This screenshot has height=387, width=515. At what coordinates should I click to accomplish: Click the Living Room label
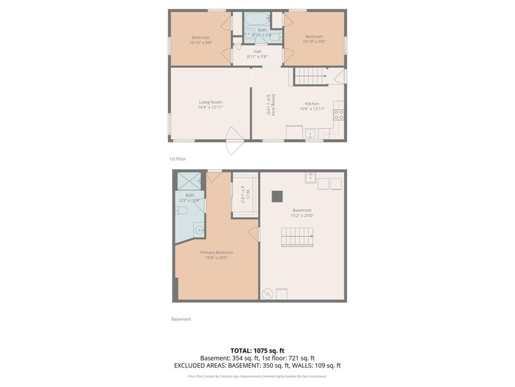click(x=210, y=105)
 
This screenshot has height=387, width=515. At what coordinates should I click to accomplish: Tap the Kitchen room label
click(x=312, y=106)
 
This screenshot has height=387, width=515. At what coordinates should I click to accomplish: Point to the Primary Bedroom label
click(x=216, y=255)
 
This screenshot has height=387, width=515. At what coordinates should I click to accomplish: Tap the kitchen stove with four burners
click(x=339, y=115)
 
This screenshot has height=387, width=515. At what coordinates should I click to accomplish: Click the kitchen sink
click(x=310, y=134)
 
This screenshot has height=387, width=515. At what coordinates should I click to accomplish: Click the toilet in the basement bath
click(x=182, y=210)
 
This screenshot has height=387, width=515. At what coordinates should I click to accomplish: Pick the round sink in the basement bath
click(x=199, y=230)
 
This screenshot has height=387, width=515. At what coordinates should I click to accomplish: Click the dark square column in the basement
click(x=277, y=196)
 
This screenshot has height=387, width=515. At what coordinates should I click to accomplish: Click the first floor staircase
click(x=311, y=76)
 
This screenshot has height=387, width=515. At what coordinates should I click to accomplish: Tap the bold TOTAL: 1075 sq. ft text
click(x=257, y=350)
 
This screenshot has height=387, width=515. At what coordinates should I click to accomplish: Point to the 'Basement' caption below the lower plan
click(x=181, y=319)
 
